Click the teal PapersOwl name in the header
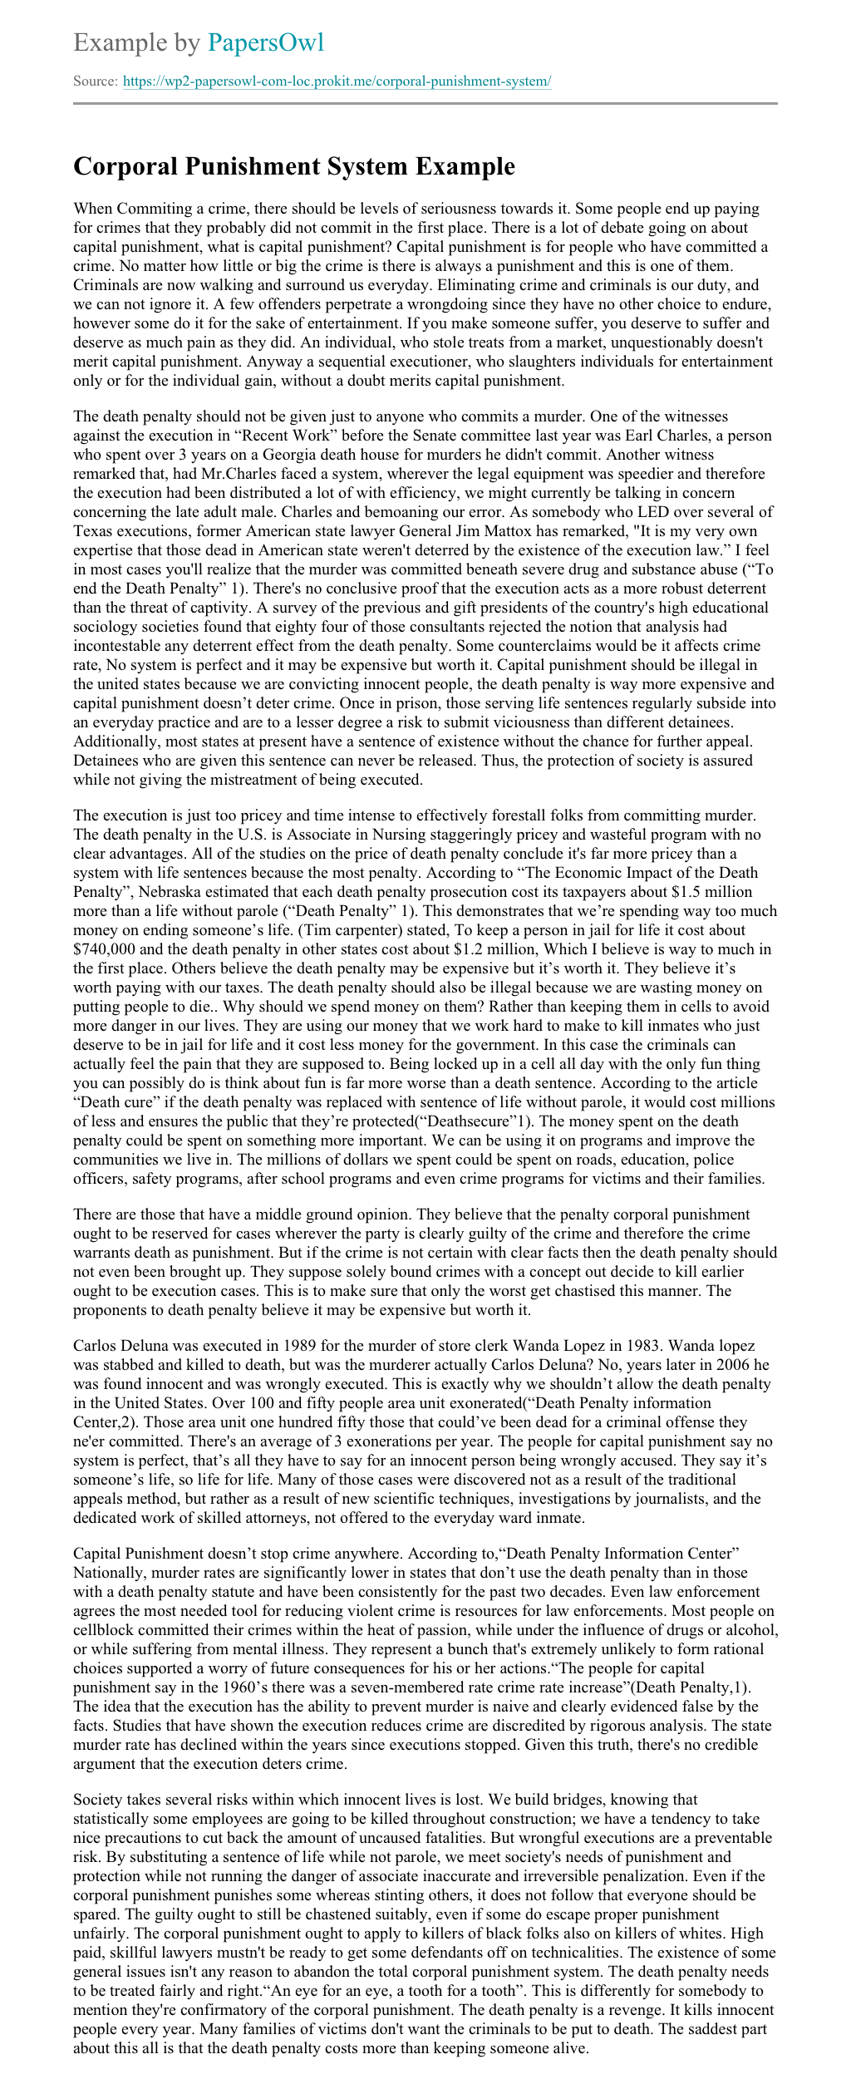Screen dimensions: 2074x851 pyautogui.click(x=266, y=42)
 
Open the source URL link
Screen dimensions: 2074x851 pyautogui.click(x=337, y=81)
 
